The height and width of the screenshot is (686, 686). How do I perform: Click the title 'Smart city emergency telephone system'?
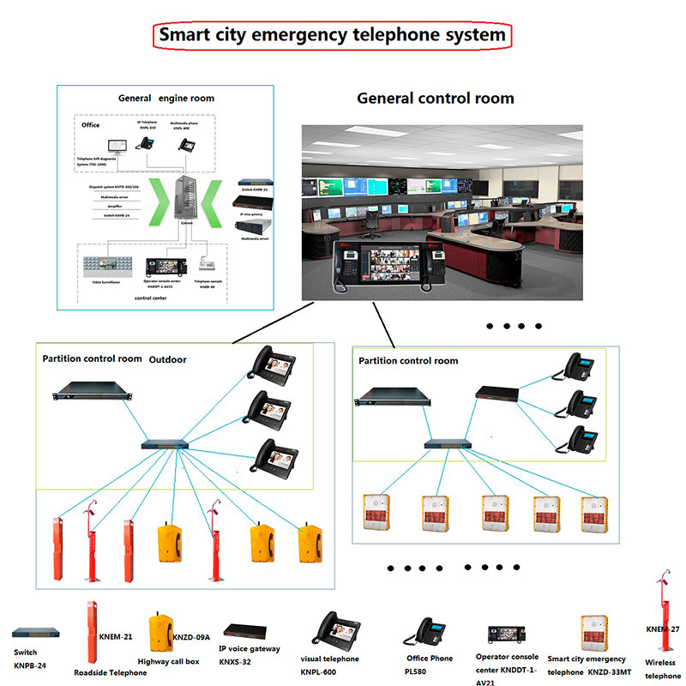(x=334, y=35)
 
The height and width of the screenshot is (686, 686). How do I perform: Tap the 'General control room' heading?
(x=436, y=98)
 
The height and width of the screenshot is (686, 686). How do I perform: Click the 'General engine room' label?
(x=166, y=99)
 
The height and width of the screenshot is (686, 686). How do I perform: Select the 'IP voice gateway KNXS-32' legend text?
(x=249, y=655)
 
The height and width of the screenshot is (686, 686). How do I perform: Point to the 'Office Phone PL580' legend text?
(x=430, y=664)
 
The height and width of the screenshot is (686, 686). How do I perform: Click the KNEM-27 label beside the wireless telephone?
(x=661, y=629)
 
